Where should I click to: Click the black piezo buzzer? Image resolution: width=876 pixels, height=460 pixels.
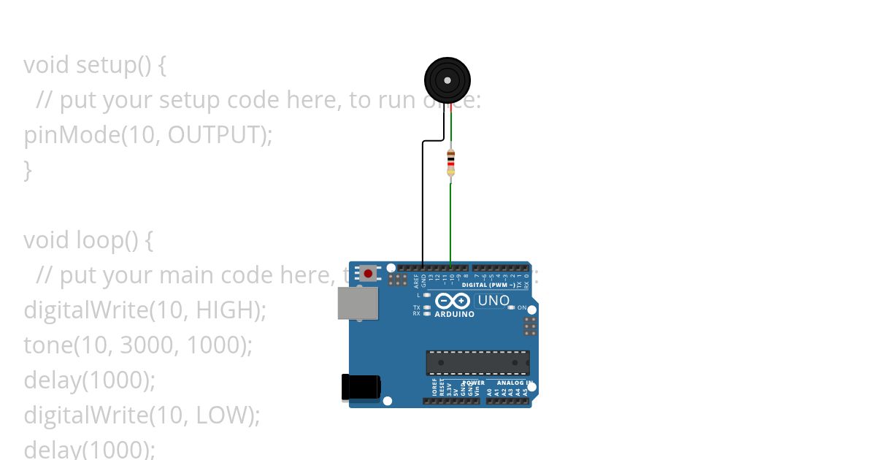click(x=447, y=80)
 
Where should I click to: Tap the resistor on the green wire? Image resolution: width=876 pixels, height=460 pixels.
click(x=450, y=162)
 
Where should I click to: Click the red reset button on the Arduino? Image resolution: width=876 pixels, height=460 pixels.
click(x=368, y=274)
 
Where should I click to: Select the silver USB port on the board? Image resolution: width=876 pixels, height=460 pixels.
click(x=358, y=303)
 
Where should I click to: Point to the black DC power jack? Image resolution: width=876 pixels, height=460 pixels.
click(x=361, y=387)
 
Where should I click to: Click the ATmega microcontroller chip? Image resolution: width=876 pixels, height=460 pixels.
click(x=478, y=362)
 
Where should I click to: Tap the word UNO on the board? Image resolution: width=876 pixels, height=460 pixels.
click(x=493, y=300)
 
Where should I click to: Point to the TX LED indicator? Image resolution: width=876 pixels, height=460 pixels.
click(x=427, y=307)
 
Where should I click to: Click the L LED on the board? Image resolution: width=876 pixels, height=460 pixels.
click(x=427, y=295)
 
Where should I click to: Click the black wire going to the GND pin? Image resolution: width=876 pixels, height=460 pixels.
click(x=423, y=204)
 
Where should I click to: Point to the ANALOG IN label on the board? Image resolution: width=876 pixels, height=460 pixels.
click(x=514, y=383)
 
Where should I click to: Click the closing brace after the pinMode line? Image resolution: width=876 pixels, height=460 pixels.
click(x=28, y=170)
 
